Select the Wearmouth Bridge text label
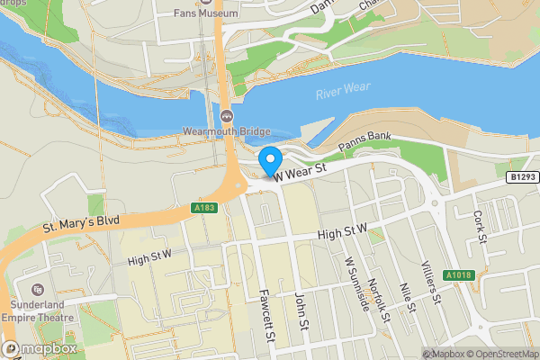point(226,129)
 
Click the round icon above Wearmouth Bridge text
point(226,114)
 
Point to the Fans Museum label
point(207,13)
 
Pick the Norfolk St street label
point(379,300)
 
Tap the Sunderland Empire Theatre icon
point(39,290)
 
